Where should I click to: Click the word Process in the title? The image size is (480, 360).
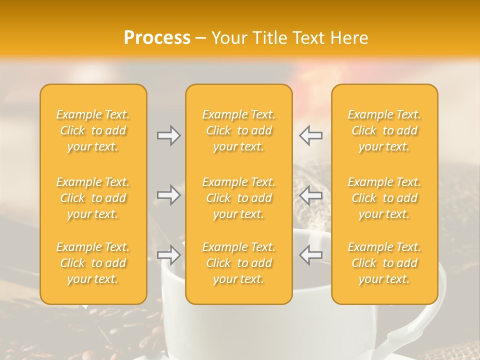click(157, 38)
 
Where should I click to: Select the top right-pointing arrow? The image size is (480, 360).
click(168, 135)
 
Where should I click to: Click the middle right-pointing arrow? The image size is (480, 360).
click(168, 195)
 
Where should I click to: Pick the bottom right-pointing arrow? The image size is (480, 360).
click(168, 255)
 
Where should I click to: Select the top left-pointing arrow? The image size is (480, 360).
click(311, 135)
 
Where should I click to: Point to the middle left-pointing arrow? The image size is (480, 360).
click(311, 195)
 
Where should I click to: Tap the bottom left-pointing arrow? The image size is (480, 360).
click(311, 255)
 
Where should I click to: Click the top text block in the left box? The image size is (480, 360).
click(93, 130)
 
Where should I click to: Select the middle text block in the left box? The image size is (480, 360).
click(93, 198)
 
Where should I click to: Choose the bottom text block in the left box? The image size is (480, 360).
click(93, 263)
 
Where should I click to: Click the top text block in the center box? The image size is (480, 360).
click(239, 130)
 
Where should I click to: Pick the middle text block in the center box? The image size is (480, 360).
click(239, 198)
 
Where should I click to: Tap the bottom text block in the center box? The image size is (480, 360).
click(239, 263)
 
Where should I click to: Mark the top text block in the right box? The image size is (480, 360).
click(384, 130)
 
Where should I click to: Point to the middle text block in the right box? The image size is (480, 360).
click(384, 198)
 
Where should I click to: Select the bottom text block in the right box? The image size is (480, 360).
click(384, 263)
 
